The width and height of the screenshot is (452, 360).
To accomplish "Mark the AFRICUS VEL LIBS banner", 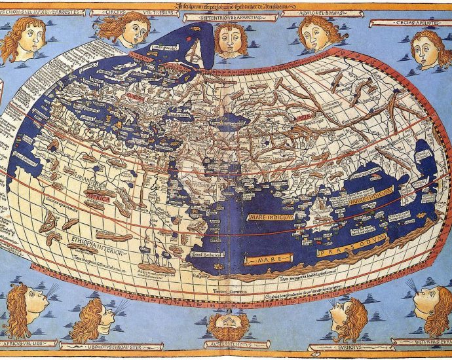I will pos(26,342).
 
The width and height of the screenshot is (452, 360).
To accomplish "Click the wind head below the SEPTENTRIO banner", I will pos(231,39).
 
